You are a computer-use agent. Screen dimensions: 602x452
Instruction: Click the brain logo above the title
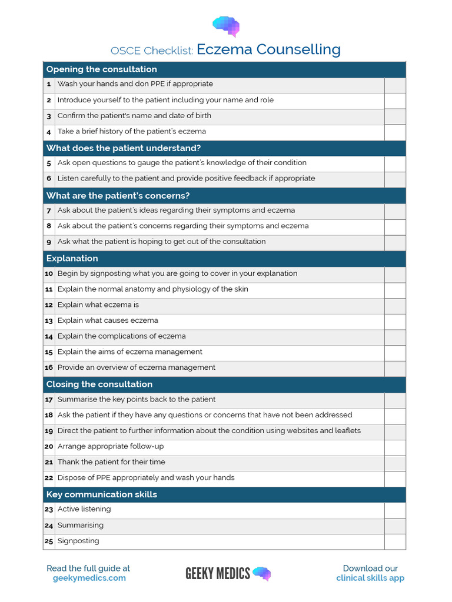(226, 26)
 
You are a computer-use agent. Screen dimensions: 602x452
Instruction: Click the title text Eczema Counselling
(268, 50)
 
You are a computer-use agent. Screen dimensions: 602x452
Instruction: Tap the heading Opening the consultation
(101, 69)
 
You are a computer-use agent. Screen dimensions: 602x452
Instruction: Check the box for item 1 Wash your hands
(395, 85)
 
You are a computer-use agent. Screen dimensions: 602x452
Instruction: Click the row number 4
(49, 132)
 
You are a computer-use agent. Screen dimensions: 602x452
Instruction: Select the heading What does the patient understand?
(124, 148)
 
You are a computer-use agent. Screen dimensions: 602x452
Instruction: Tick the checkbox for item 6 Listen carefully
(395, 179)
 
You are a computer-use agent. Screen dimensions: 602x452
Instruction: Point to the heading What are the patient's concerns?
(118, 196)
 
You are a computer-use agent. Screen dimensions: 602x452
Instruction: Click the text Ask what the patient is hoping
(161, 242)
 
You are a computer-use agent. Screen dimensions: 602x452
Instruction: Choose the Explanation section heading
(72, 259)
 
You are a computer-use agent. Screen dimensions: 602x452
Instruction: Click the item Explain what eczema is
(98, 305)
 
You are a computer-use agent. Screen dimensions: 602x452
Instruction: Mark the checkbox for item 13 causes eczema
(395, 322)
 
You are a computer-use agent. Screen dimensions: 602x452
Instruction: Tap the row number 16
(49, 368)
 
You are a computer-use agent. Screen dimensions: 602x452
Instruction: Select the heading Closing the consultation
(99, 384)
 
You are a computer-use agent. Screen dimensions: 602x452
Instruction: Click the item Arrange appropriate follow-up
(111, 447)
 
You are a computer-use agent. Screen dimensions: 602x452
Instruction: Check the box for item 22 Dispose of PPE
(395, 479)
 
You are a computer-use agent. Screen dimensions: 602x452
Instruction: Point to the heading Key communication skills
(101, 494)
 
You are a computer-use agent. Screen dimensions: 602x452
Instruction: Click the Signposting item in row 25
(78, 541)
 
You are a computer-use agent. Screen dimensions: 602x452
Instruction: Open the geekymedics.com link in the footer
(89, 578)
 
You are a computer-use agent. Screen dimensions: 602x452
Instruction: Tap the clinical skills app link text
(370, 578)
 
